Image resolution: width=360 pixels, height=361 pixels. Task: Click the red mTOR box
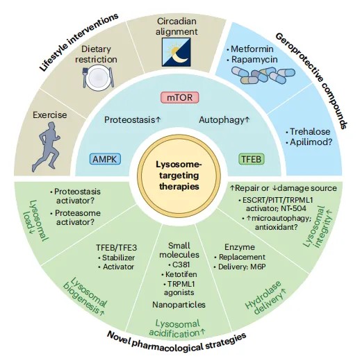(x=180, y=97)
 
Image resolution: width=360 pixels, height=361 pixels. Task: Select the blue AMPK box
(x=106, y=159)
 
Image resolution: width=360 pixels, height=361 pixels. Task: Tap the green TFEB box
(x=252, y=159)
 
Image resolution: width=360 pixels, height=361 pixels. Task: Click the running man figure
(x=46, y=146)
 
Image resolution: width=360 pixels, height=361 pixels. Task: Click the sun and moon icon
(x=177, y=52)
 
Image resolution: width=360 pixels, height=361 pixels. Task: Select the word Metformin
(x=252, y=49)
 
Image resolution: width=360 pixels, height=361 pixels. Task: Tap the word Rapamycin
(x=254, y=60)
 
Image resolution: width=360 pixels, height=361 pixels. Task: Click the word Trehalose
(x=310, y=131)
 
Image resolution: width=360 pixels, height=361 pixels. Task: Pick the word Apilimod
(x=308, y=142)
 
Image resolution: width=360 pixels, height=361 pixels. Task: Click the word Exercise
(x=50, y=115)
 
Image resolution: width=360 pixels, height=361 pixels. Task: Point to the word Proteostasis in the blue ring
(x=129, y=119)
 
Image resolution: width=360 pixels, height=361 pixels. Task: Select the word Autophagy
(x=222, y=120)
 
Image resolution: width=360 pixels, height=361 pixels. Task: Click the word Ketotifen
(x=181, y=274)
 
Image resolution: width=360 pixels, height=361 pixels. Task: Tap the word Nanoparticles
(x=179, y=305)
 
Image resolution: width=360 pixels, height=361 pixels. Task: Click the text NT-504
(x=294, y=208)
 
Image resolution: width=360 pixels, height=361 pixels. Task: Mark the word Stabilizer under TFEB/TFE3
(x=118, y=258)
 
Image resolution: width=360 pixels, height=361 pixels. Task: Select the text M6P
(x=258, y=267)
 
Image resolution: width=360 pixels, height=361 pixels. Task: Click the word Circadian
(x=177, y=21)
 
